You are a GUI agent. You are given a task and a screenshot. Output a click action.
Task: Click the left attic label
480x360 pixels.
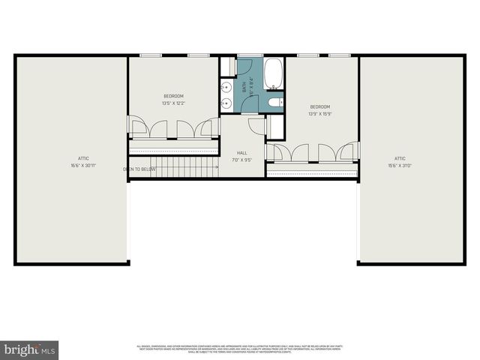pyautogui.click(x=83, y=158)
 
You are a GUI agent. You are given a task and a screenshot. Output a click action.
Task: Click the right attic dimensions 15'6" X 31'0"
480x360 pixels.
pyautogui.click(x=400, y=165)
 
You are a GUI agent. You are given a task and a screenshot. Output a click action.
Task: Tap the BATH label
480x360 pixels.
pyautogui.click(x=244, y=87)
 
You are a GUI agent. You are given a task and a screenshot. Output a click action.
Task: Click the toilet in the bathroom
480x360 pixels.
pyautogui.click(x=273, y=102)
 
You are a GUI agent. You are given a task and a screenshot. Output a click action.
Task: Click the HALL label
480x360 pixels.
pyautogui.click(x=241, y=153)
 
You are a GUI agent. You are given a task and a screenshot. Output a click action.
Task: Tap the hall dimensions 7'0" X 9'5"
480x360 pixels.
pyautogui.click(x=241, y=160)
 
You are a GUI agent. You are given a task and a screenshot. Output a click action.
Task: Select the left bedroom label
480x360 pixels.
pyautogui.click(x=173, y=96)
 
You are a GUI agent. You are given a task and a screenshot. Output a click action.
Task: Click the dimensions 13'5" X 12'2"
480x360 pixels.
pyautogui.click(x=173, y=103)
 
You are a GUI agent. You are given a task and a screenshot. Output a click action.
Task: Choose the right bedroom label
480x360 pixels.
pyautogui.click(x=320, y=107)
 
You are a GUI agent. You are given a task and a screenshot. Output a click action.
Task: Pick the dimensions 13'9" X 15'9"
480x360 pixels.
pyautogui.click(x=320, y=114)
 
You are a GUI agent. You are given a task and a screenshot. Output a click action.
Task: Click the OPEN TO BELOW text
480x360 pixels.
pyautogui.click(x=139, y=169)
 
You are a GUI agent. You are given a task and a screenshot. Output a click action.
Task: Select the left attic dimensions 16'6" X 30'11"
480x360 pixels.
pyautogui.click(x=83, y=165)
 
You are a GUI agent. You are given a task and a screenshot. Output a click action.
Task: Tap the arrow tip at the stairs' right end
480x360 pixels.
pyautogui.click(x=218, y=166)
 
